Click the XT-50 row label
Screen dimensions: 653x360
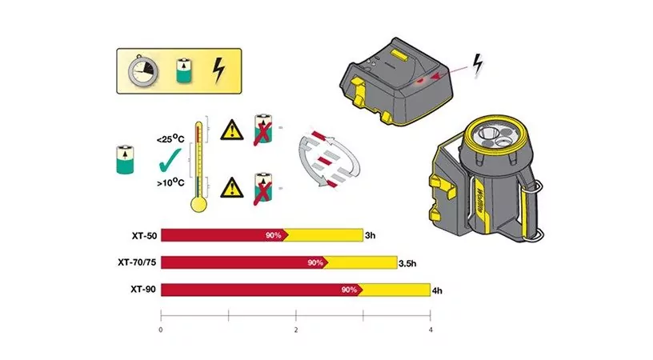click(145, 235)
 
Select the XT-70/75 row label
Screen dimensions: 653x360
click(137, 262)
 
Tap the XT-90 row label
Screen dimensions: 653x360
click(143, 290)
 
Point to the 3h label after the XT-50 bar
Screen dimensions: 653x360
click(371, 235)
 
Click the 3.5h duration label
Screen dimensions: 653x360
click(407, 263)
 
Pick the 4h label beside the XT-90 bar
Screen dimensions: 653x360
click(437, 291)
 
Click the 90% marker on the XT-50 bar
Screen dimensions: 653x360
click(273, 235)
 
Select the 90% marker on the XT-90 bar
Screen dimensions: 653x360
click(349, 290)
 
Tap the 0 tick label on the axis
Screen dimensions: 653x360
click(161, 330)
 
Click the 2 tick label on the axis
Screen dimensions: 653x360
click(296, 330)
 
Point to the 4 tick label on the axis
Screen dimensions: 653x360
click(431, 330)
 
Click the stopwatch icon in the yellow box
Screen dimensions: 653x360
click(143, 71)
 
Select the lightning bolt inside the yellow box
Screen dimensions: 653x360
click(218, 70)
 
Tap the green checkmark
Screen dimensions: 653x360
click(170, 160)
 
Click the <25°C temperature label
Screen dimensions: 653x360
click(170, 138)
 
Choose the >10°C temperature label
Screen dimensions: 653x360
click(170, 182)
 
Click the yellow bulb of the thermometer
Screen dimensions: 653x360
click(198, 204)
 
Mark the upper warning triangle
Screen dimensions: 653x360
click(232, 130)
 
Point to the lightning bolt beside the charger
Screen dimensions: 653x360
click(478, 66)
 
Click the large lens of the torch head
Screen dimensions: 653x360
click(489, 134)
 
